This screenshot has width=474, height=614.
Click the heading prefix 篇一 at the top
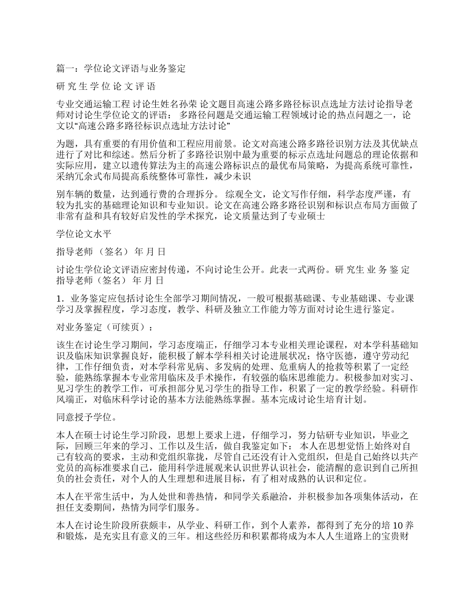(x=65, y=68)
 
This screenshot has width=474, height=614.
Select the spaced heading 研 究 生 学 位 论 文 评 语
(x=106, y=86)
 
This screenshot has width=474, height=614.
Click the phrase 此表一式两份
(x=303, y=270)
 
